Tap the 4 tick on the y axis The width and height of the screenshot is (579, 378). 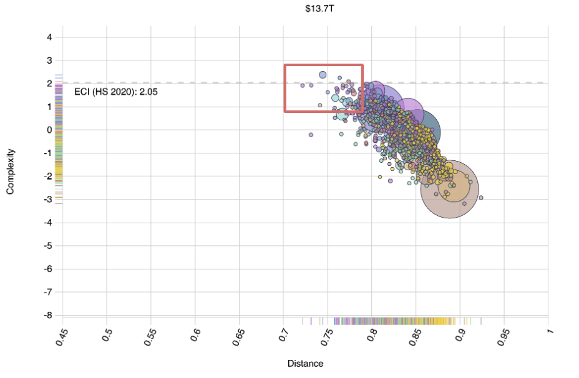click(50, 37)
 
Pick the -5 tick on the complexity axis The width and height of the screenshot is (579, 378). click(49, 246)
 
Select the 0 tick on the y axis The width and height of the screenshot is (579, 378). click(50, 130)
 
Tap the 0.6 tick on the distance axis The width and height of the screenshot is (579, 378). click(195, 334)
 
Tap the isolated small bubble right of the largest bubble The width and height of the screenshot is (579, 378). click(481, 198)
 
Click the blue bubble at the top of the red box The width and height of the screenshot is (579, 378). click(323, 75)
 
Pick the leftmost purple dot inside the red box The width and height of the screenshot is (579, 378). click(303, 85)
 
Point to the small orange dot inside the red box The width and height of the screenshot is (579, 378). click(320, 105)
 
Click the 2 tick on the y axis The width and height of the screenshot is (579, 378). click(50, 83)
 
